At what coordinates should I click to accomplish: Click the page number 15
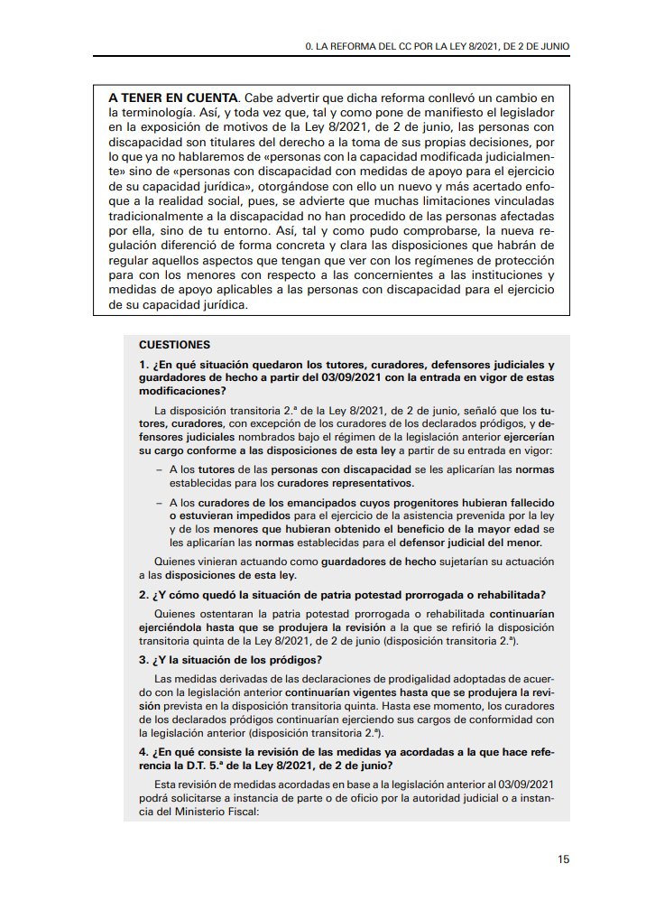click(563, 859)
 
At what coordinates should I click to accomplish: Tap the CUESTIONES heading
click(174, 345)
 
